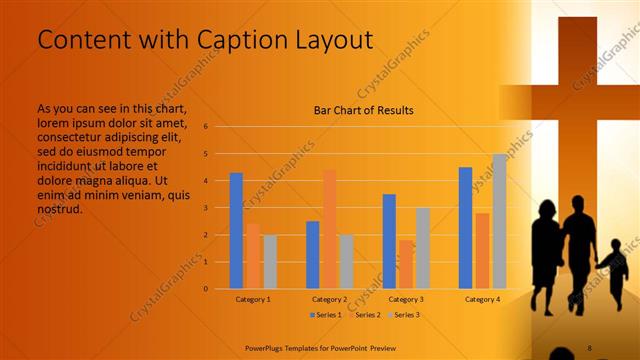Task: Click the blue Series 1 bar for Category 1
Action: point(236,231)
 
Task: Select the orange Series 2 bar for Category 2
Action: point(330,229)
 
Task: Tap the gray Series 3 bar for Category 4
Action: point(499,221)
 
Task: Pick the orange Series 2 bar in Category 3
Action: point(406,264)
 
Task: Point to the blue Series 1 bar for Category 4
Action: point(465,228)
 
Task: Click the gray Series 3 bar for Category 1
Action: point(270,262)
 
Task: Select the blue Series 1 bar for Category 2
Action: point(313,255)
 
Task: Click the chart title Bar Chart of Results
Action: point(364,110)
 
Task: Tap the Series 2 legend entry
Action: point(364,315)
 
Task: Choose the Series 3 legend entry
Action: point(403,315)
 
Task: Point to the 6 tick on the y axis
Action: point(205,127)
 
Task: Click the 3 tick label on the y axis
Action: point(205,208)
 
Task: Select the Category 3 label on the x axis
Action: point(407,299)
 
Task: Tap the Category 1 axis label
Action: point(253,299)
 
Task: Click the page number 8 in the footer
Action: point(589,347)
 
